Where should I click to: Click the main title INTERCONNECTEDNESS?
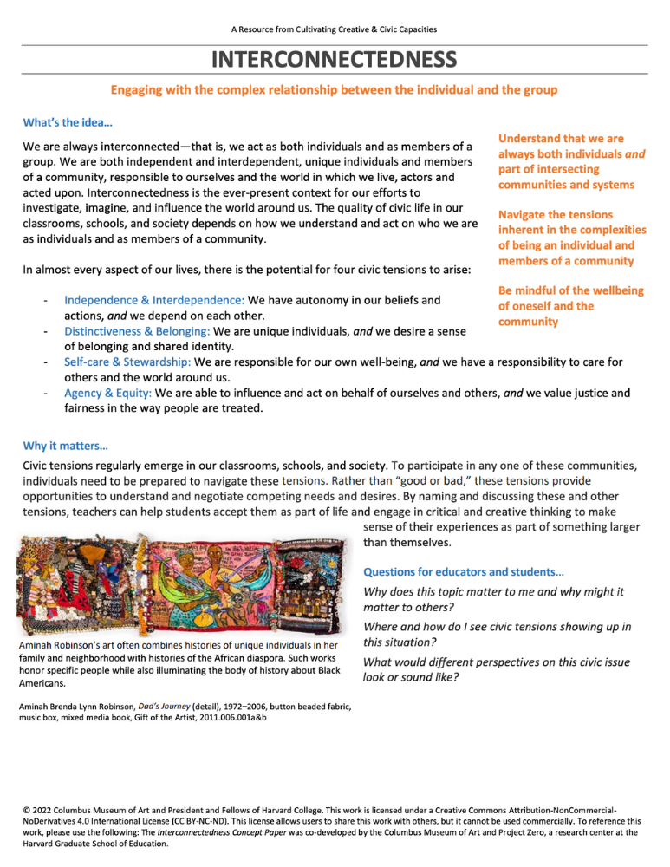335,60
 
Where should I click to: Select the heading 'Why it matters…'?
65,447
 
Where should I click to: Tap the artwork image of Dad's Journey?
181,584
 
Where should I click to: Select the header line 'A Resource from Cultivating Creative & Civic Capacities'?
335,29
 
